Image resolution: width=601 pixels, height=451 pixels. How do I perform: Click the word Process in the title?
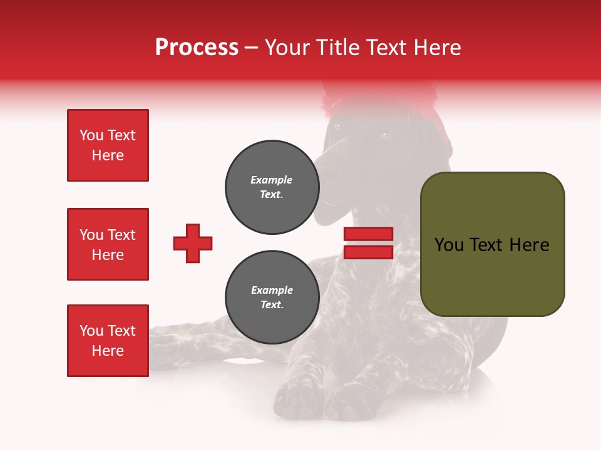(x=197, y=48)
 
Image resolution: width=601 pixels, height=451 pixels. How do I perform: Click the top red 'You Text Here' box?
(x=108, y=145)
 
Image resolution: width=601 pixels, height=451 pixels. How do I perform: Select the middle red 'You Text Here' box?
(x=108, y=244)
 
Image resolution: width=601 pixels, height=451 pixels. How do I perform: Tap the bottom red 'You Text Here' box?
(x=108, y=341)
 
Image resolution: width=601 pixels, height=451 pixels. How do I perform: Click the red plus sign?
(x=193, y=243)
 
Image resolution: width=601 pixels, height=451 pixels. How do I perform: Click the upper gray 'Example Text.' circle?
(x=272, y=187)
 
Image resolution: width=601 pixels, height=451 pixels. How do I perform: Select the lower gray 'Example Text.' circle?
(x=272, y=298)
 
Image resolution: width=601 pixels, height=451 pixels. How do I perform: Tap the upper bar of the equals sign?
(x=368, y=234)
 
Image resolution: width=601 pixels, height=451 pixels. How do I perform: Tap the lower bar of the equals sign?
(x=368, y=252)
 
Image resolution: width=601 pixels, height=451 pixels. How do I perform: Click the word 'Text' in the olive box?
(x=492, y=245)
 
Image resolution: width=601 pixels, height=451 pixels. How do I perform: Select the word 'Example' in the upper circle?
(x=271, y=180)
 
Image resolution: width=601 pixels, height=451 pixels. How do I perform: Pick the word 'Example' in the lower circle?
(x=272, y=290)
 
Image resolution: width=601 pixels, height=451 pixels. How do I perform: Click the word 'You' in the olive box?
(x=448, y=245)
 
